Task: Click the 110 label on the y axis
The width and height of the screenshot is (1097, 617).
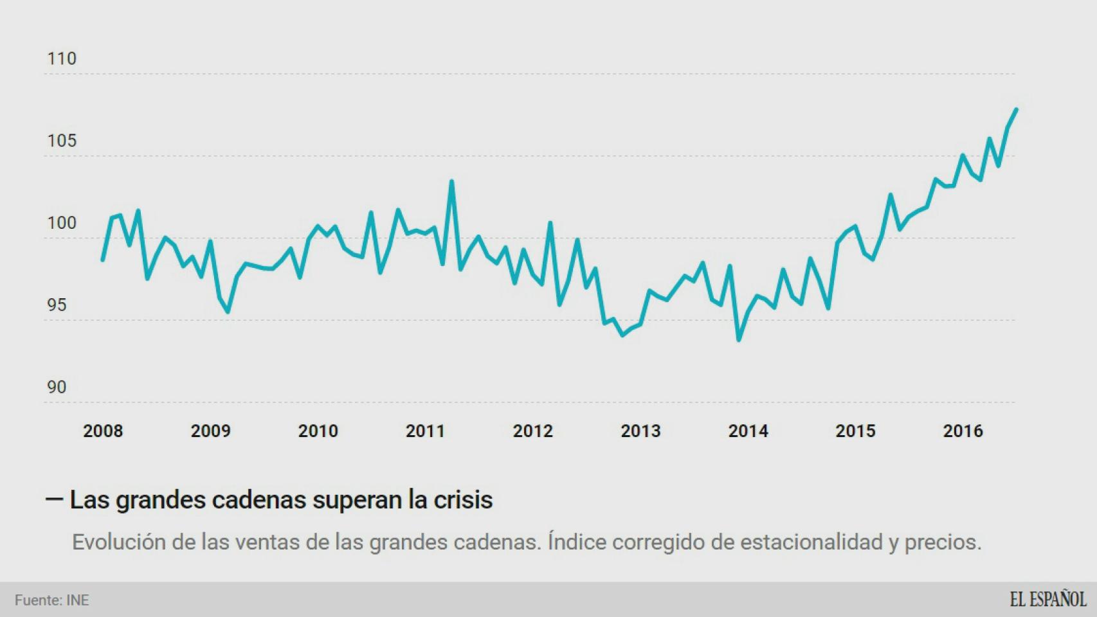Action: pos(62,58)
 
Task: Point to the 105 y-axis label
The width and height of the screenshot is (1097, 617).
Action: pos(62,141)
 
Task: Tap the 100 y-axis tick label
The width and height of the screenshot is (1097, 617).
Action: pos(62,223)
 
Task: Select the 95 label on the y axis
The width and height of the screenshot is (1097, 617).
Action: pos(57,305)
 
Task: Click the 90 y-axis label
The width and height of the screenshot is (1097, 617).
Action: pos(57,388)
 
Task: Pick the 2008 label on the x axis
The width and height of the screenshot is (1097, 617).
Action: pos(103,431)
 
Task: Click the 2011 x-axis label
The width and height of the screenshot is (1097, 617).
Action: pos(425,431)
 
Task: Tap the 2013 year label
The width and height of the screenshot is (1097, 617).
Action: pos(640,431)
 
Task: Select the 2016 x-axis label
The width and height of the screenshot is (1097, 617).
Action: pos(963,431)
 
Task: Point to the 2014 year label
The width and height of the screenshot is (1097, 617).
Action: pos(748,431)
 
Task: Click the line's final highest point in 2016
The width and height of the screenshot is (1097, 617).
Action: pos(1016,109)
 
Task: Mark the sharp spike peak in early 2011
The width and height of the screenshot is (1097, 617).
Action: pos(451,181)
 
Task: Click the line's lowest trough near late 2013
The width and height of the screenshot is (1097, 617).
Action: pos(738,340)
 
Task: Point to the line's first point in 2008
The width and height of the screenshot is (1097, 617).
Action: pos(103,260)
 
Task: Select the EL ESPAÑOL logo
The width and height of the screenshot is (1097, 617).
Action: pos(1047,600)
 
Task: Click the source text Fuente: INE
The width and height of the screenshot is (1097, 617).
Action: pos(52,600)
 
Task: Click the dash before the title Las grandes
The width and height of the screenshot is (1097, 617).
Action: pos(54,499)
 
